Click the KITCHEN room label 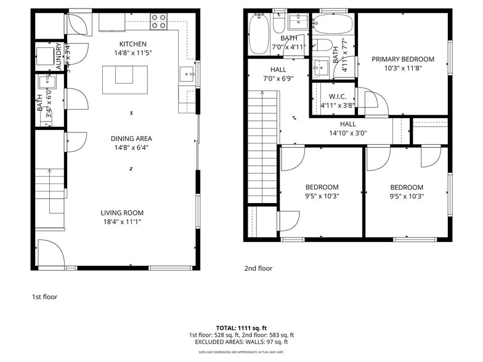point(133,44)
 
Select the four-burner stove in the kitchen point(158,22)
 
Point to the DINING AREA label point(131,139)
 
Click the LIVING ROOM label point(122,213)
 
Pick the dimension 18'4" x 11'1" point(122,222)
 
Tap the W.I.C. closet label point(337,97)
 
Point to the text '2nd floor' point(258,268)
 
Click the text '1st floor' point(44,297)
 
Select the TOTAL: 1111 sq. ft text point(241,328)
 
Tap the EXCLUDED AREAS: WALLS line point(241,342)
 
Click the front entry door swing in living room point(49,252)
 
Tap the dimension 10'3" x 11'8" point(402,68)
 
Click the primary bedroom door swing point(373,102)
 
